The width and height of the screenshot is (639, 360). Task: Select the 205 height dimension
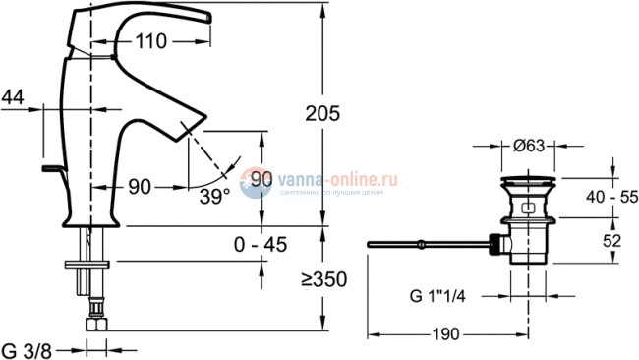click(321, 114)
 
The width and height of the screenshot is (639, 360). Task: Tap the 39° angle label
click(213, 195)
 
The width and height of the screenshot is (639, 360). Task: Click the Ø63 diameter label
click(530, 147)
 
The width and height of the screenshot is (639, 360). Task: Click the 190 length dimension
click(445, 335)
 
